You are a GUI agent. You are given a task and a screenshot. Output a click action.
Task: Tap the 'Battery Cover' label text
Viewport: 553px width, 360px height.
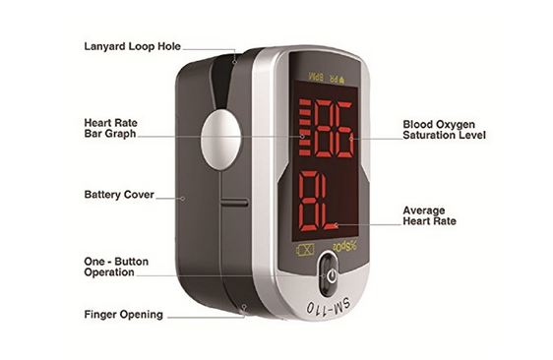pos(118,195)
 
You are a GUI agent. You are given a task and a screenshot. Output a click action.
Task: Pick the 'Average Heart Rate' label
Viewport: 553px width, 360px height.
pos(430,215)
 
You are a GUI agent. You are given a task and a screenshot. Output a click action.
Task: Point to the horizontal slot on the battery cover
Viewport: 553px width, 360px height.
pos(234,203)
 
